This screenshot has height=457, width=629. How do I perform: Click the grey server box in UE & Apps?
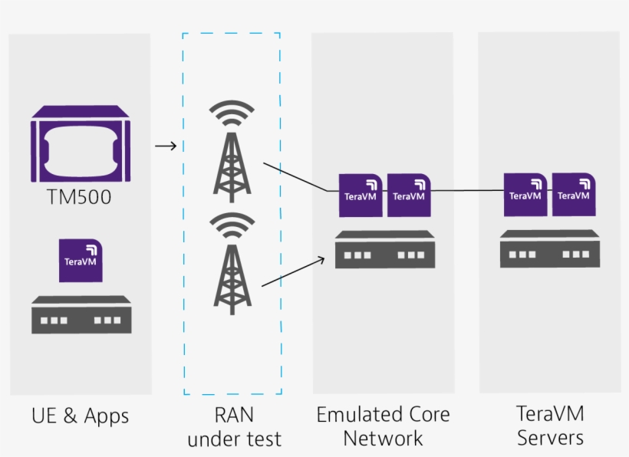click(81, 315)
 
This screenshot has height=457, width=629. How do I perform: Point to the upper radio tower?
click(232, 165)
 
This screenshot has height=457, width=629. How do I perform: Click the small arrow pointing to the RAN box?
click(166, 146)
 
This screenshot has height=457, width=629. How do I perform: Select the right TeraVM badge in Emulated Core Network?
click(408, 195)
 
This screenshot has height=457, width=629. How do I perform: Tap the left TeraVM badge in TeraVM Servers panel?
click(525, 195)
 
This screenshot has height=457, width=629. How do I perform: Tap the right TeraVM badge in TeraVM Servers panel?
click(573, 195)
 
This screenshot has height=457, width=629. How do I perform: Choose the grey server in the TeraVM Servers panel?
click(549, 248)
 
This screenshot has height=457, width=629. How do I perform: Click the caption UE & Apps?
click(81, 416)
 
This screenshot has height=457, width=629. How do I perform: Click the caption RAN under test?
click(234, 427)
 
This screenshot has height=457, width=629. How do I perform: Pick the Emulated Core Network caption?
click(383, 426)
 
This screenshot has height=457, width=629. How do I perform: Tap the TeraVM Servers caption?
click(550, 426)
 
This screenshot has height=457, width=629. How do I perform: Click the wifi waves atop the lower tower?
click(232, 226)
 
